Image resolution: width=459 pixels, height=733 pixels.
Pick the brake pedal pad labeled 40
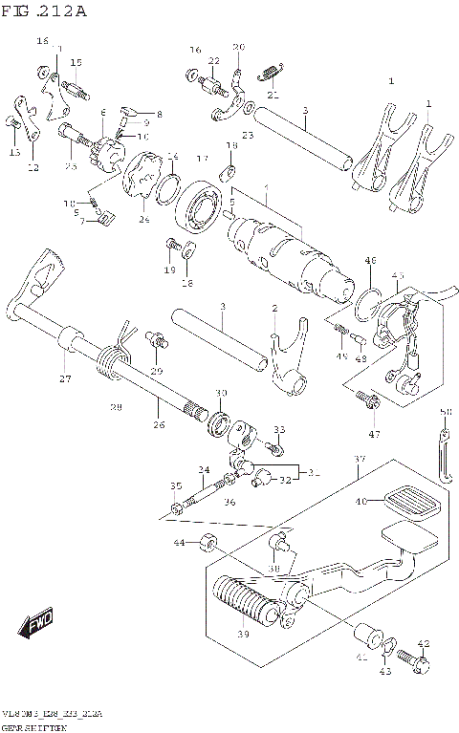410,502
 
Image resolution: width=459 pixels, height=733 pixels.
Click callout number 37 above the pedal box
360,461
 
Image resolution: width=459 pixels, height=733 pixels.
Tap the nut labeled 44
205,544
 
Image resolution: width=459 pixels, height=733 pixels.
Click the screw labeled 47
364,396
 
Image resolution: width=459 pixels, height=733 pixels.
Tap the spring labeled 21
272,69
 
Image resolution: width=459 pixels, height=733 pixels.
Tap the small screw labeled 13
12,121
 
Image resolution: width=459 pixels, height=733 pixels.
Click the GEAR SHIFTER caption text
34,726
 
